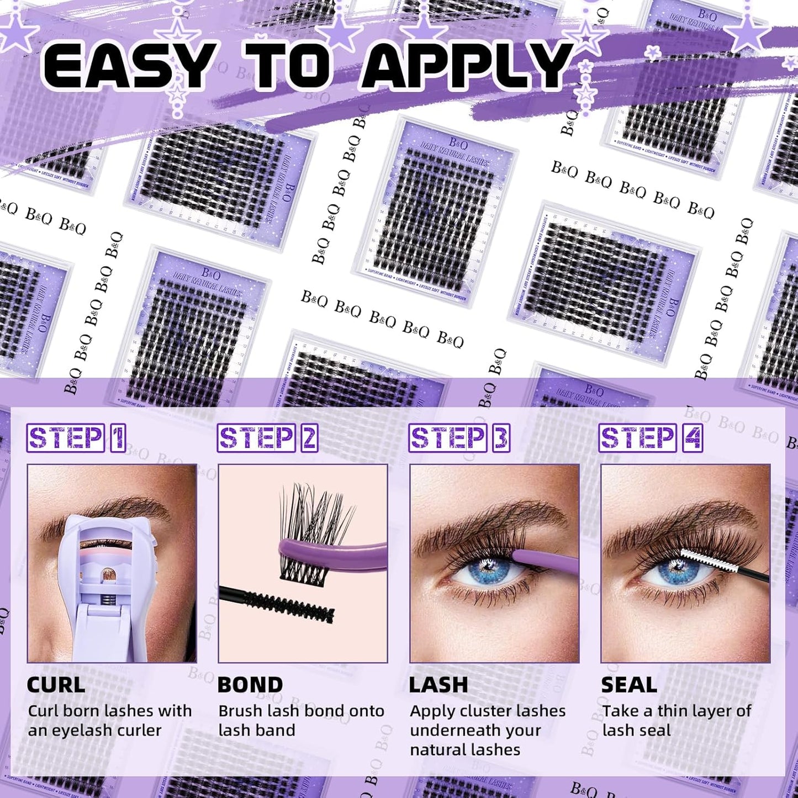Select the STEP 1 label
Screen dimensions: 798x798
pos(76,438)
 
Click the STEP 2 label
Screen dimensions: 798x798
pos(267,438)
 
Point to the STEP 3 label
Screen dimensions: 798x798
pos(458,438)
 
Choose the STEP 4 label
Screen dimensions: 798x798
pos(651,438)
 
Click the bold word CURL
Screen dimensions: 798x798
pos(56,685)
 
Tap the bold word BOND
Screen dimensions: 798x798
pos(250,685)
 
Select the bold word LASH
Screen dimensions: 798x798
pos(438,685)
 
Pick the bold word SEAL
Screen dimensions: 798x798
pos(629,685)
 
